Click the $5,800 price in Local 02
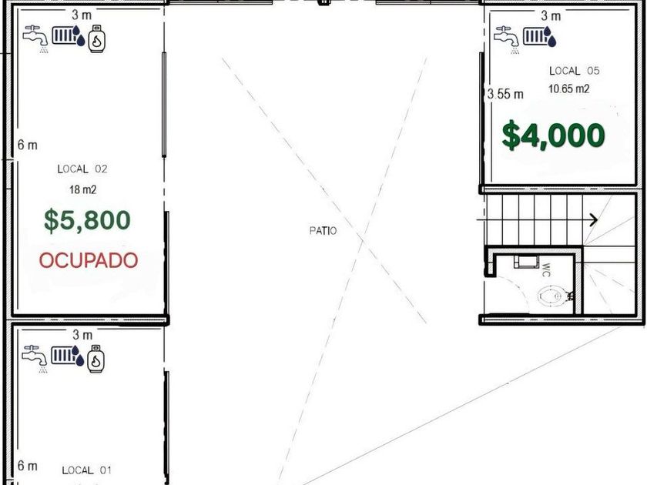click(88, 221)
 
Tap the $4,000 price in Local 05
click(553, 135)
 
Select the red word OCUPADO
click(89, 260)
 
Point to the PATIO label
click(323, 230)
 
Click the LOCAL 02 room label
click(82, 169)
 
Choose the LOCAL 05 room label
click(574, 71)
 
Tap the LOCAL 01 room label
click(86, 470)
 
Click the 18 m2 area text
click(82, 189)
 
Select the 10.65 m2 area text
click(568, 89)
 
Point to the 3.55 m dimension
click(505, 94)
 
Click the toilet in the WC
click(552, 296)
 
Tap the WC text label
click(546, 269)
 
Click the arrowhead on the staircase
click(594, 220)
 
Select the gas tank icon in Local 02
click(96, 38)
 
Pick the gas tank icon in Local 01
click(96, 359)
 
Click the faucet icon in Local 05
click(507, 39)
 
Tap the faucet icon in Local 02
click(35, 38)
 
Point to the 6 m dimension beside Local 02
click(27, 145)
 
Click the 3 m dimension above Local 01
click(82, 334)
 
